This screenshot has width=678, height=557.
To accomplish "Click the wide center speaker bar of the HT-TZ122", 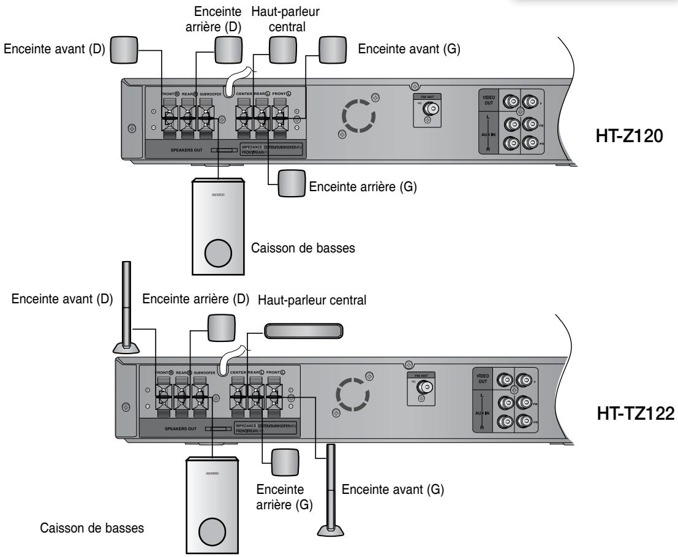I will click(x=303, y=331).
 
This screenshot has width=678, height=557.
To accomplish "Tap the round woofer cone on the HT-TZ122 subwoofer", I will click(x=211, y=530).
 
